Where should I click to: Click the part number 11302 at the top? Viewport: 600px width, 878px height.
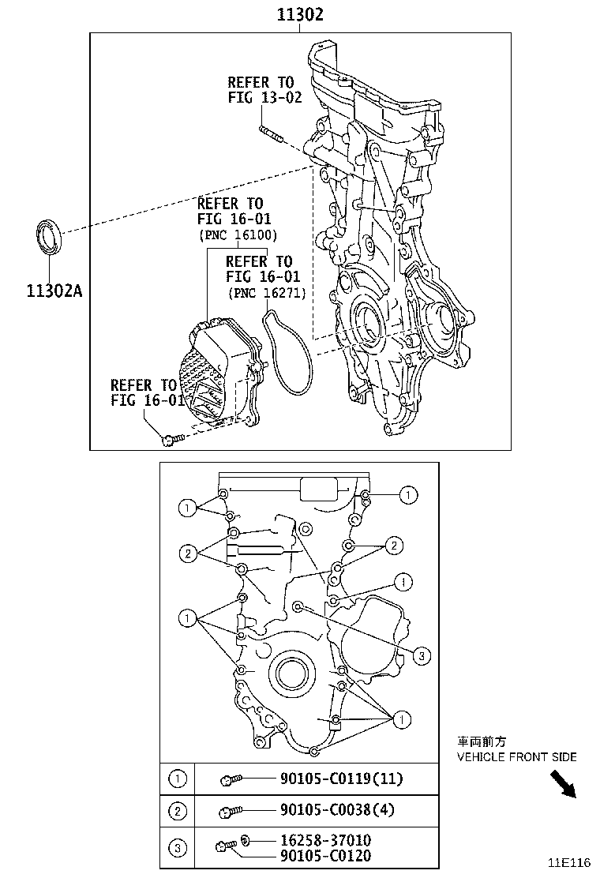[x=299, y=14]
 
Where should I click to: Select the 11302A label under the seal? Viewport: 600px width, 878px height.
[x=54, y=290]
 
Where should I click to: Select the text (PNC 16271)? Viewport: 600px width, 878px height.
[x=266, y=293]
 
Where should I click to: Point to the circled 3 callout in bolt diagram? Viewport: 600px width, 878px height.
[x=422, y=655]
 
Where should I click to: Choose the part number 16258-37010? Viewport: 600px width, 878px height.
[x=325, y=841]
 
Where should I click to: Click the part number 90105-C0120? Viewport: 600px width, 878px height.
[x=324, y=856]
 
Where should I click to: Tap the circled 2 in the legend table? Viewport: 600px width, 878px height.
[x=178, y=810]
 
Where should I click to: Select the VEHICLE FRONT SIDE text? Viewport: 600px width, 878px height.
[x=516, y=757]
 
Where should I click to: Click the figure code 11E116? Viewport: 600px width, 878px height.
[x=570, y=862]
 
